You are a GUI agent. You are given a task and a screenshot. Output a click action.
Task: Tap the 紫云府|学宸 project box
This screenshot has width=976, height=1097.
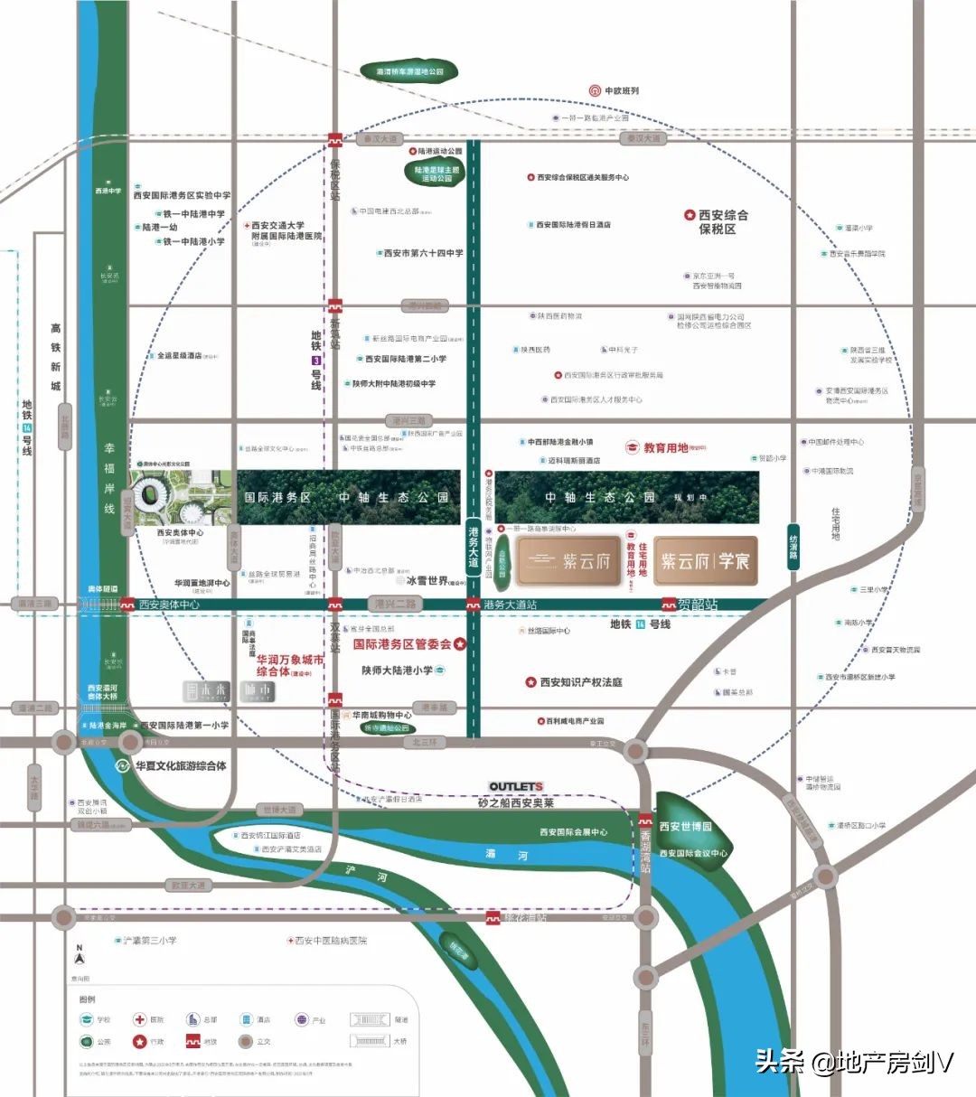(x=705, y=561)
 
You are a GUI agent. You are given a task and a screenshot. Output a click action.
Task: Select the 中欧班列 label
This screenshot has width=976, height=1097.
(x=621, y=90)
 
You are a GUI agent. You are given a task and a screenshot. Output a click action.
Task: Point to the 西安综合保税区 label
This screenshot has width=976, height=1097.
(x=722, y=222)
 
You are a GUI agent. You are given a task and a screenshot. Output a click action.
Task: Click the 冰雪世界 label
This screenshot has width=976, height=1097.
(x=427, y=581)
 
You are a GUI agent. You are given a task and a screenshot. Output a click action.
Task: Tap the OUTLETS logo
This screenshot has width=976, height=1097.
(x=515, y=786)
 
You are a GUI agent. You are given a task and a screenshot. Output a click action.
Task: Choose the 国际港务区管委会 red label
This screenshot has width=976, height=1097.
(x=402, y=644)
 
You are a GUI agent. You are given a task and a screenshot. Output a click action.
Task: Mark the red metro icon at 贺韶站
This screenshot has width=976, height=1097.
(x=669, y=605)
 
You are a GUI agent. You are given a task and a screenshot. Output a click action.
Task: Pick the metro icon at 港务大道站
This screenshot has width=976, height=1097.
(x=474, y=605)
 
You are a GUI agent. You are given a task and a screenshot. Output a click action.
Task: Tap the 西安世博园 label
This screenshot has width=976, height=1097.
(x=685, y=826)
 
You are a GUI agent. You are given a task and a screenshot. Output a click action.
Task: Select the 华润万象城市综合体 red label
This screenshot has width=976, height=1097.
(x=289, y=666)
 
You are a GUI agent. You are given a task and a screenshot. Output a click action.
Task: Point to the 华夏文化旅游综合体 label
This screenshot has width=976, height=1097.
(x=180, y=766)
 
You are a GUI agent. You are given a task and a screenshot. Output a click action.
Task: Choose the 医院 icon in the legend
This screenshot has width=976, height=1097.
(x=140, y=1019)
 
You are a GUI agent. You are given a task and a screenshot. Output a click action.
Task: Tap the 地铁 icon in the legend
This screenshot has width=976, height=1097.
(x=193, y=1041)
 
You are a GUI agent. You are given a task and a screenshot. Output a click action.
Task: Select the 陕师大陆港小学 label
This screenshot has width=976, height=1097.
(x=398, y=670)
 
